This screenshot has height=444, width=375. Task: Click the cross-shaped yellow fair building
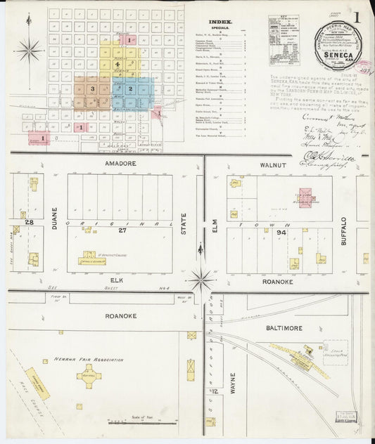coord(89,377)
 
